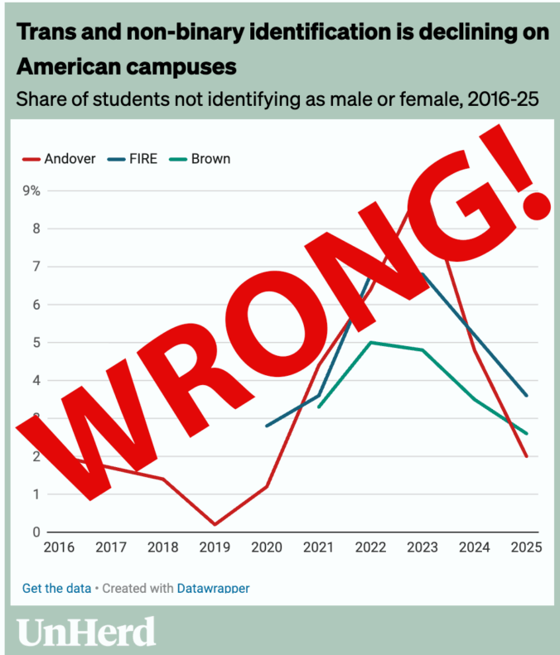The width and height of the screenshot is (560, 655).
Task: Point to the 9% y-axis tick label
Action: pyautogui.click(x=31, y=190)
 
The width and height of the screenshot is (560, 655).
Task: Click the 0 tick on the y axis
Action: pyautogui.click(x=36, y=532)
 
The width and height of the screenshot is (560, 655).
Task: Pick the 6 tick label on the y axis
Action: pyautogui.click(x=36, y=305)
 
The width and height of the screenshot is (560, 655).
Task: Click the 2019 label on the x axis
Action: pyautogui.click(x=214, y=548)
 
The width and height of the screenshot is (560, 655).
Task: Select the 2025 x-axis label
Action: pyautogui.click(x=526, y=548)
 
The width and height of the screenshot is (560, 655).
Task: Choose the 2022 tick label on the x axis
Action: pyautogui.click(x=370, y=548)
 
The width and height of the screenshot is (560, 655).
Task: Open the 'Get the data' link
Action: pyautogui.click(x=56, y=589)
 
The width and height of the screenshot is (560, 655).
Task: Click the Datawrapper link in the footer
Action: pyautogui.click(x=213, y=589)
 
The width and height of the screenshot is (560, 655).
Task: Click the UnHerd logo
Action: pyautogui.click(x=86, y=631)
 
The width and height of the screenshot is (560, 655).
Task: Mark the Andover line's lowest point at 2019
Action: pyautogui.click(x=214, y=524)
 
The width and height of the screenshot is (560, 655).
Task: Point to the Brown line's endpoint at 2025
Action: pyautogui.click(x=526, y=433)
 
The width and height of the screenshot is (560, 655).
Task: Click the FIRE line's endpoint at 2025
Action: pyautogui.click(x=526, y=396)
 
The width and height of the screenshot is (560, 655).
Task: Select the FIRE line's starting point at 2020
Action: pyautogui.click(x=266, y=426)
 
